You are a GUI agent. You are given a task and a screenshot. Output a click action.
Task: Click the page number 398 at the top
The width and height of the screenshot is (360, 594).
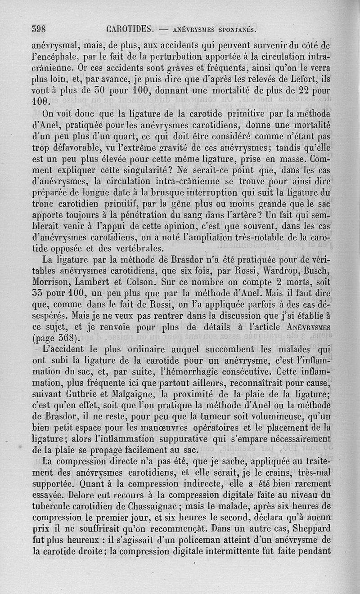(x=40, y=30)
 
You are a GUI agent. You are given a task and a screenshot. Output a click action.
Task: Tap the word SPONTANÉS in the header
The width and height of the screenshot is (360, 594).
(x=231, y=31)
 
